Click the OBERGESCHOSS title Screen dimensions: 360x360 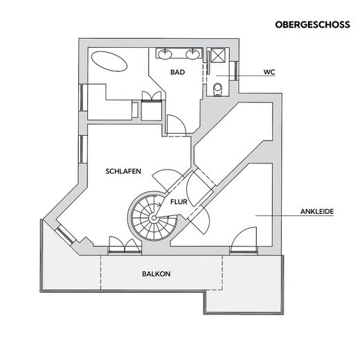(x=312, y=25)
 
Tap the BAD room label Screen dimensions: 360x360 (x=177, y=72)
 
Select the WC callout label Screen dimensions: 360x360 (x=269, y=72)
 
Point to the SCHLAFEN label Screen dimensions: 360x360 (x=123, y=171)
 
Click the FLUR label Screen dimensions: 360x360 (x=179, y=202)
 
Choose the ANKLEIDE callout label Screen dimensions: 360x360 (x=317, y=211)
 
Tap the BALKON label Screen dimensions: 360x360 (x=156, y=274)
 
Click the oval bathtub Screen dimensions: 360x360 (x=109, y=61)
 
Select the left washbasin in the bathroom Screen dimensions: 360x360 (x=165, y=55)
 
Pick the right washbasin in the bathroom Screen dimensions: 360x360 (x=192, y=55)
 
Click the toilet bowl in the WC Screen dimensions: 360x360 (x=218, y=89)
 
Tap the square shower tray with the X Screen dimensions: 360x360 (x=218, y=55)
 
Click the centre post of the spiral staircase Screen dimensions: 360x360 (x=154, y=217)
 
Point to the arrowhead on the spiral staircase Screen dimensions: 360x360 (x=160, y=204)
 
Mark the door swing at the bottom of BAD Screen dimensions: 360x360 (x=177, y=125)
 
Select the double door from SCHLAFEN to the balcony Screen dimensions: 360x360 (x=125, y=246)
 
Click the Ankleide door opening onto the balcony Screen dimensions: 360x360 (x=244, y=240)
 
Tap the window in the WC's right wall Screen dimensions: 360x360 (x=235, y=71)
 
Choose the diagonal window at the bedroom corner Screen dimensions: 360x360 (x=65, y=234)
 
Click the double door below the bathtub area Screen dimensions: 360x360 (x=152, y=96)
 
